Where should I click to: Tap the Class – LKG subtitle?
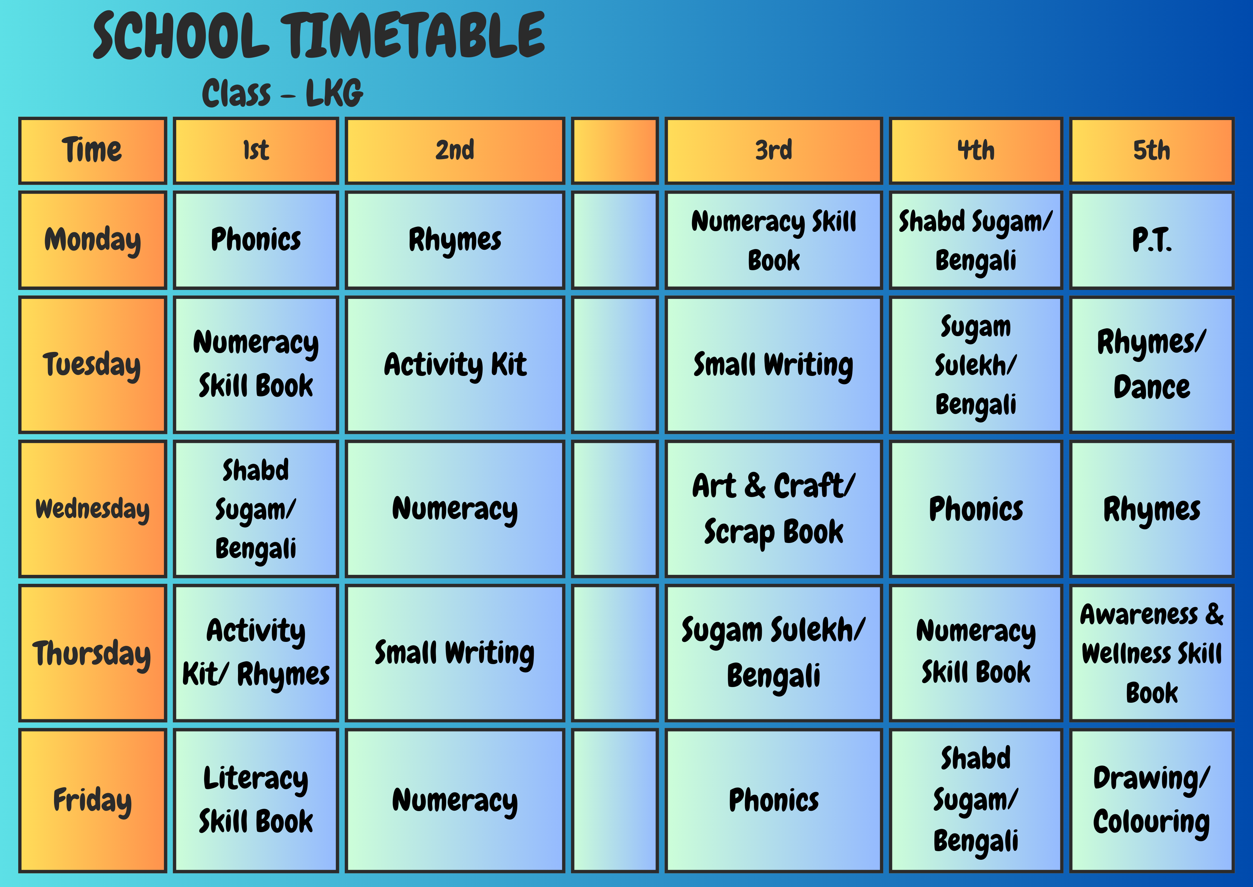pos(282,93)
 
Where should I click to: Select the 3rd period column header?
pos(773,151)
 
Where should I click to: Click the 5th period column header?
pos(1151,151)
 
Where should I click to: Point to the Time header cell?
pos(92,151)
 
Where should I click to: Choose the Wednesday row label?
pos(92,509)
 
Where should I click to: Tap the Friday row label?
pos(92,800)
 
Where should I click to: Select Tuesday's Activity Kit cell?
pos(455,364)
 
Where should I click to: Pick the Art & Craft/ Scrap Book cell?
pos(773,509)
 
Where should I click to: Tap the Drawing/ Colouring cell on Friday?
pos(1151,800)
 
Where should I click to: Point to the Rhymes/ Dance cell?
pos(1151,364)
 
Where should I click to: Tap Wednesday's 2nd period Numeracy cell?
pos(455,509)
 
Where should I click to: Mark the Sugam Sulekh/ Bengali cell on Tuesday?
pos(976,364)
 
